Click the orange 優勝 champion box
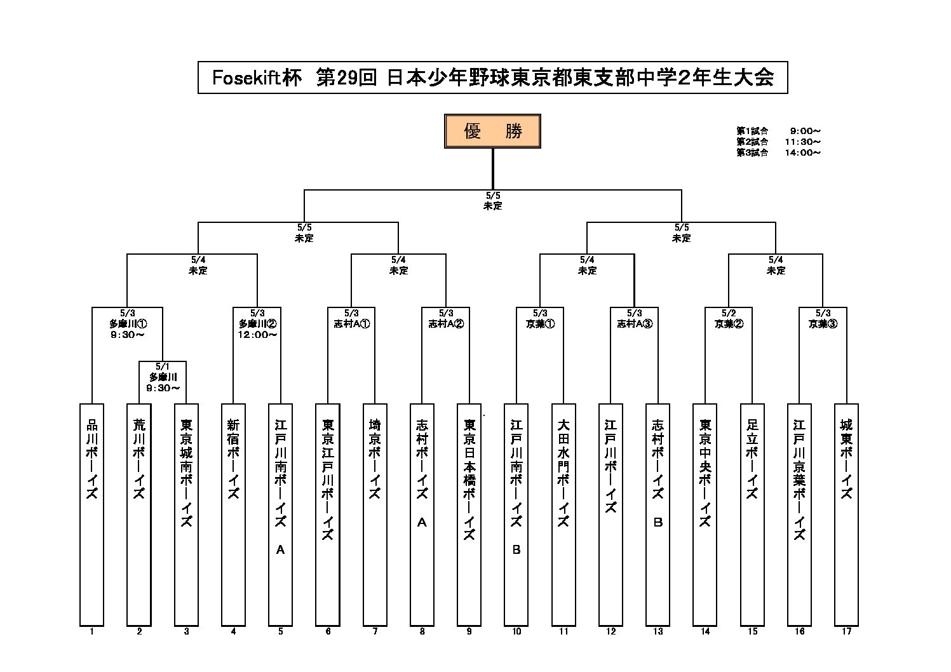point(492,131)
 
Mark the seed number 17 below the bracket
point(846,631)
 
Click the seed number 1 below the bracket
point(92,631)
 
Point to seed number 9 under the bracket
point(469,631)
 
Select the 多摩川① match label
point(128,323)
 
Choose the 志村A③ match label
point(634,323)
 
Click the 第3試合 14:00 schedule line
point(778,153)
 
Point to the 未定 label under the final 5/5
point(492,206)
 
